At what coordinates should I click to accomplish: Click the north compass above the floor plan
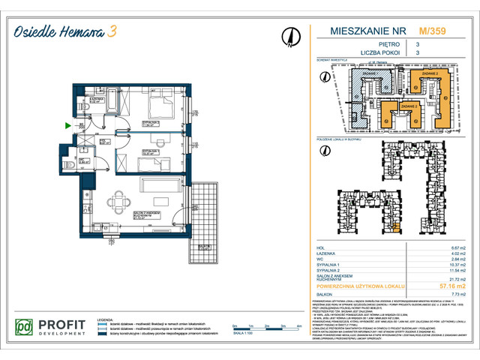288,35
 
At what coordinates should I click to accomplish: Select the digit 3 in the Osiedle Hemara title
112,31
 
